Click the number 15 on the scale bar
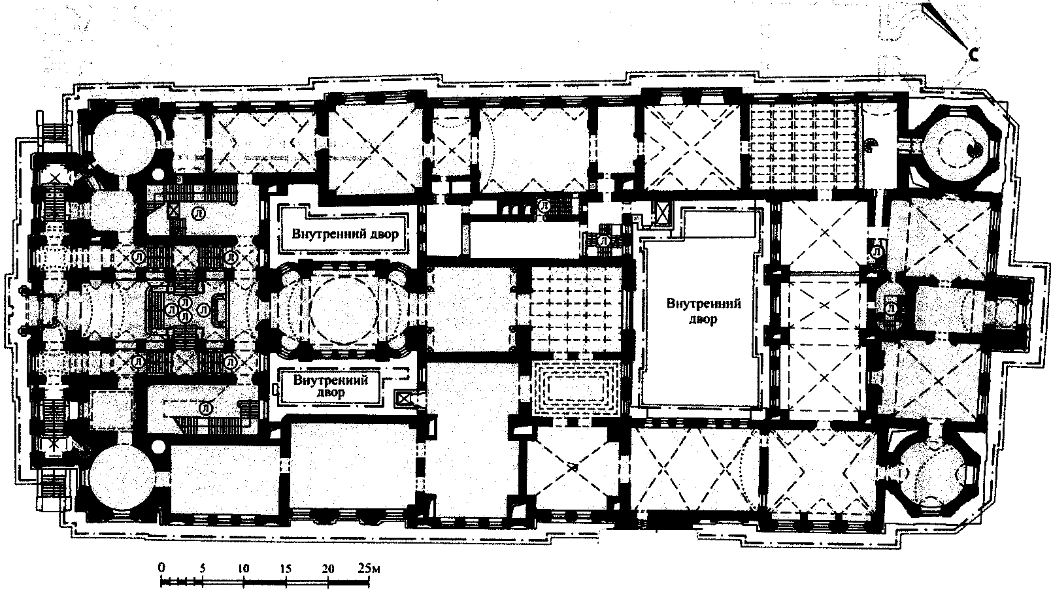(x=286, y=568)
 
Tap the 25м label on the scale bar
(x=369, y=568)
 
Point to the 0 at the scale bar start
(x=162, y=568)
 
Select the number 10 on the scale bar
(x=244, y=568)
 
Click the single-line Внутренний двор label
(x=345, y=234)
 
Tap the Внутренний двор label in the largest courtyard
(x=704, y=312)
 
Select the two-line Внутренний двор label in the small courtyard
(x=330, y=385)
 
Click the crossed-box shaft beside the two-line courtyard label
(x=403, y=399)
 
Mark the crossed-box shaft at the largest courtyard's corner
(x=661, y=214)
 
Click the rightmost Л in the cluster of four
(x=204, y=310)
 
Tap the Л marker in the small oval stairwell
(x=890, y=308)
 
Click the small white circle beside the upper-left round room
(x=159, y=175)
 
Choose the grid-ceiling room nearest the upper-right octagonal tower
(x=804, y=147)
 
